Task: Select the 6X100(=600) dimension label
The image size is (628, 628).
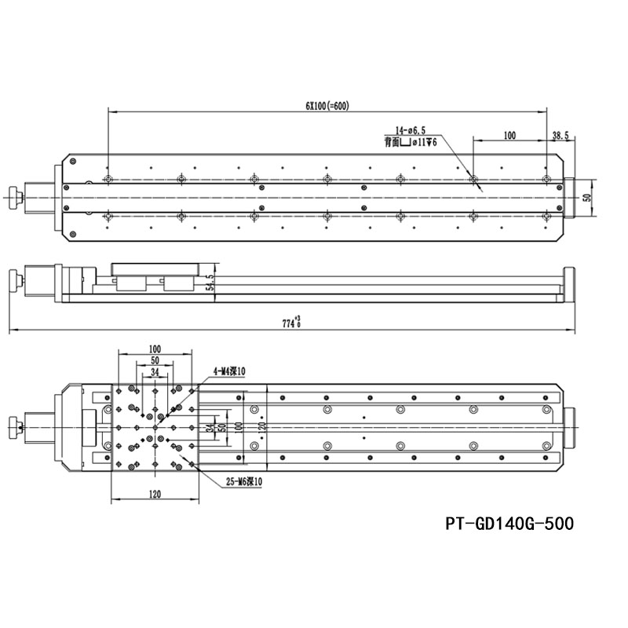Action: click(327, 107)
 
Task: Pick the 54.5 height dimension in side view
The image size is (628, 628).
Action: click(210, 283)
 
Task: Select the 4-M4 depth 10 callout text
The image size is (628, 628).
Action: click(228, 371)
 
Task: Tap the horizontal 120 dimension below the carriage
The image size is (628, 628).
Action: click(154, 494)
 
